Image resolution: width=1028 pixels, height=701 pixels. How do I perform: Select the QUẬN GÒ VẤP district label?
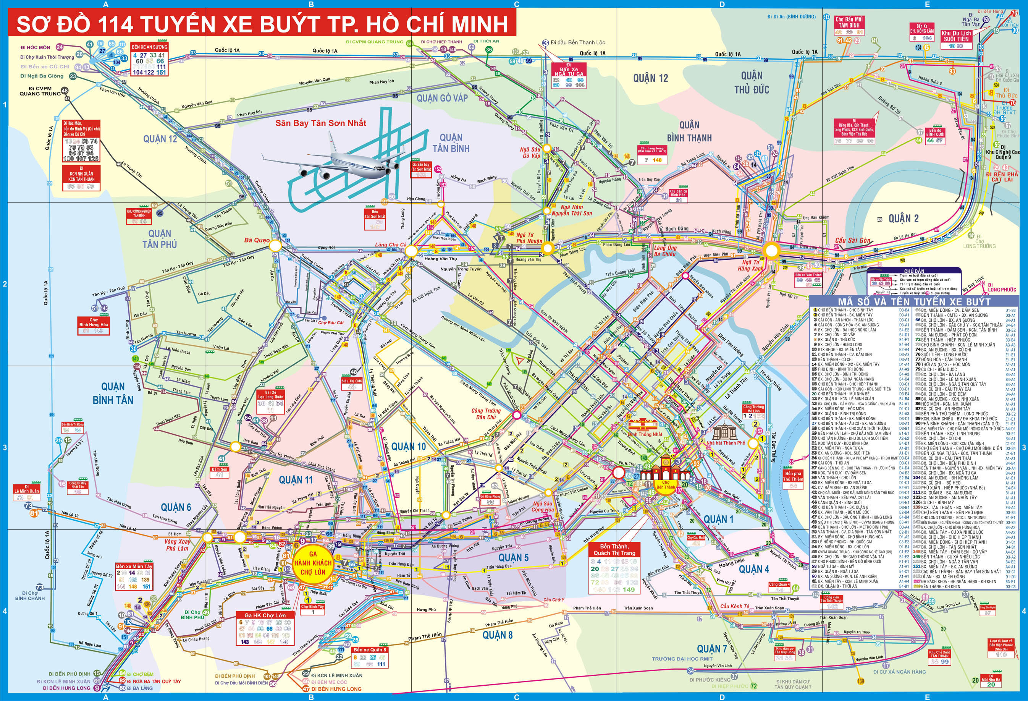pyautogui.click(x=442, y=98)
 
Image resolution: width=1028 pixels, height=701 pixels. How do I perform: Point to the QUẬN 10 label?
pyautogui.click(x=408, y=447)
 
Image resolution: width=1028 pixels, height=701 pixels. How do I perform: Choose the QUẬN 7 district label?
pyautogui.click(x=712, y=649)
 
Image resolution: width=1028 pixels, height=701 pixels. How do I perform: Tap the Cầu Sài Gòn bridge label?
pyautogui.click(x=852, y=240)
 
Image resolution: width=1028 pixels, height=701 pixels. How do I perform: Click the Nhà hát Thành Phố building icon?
pyautogui.click(x=726, y=433)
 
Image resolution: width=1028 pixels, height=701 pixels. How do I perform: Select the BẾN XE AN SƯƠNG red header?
pyautogui.click(x=150, y=47)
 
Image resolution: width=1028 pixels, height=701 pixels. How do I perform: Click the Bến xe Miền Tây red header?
pyautogui.click(x=134, y=566)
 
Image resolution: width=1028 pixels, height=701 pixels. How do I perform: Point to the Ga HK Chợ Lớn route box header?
pyautogui.click(x=265, y=615)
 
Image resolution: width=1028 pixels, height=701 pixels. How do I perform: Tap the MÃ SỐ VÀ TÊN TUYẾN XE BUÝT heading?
pyautogui.click(x=914, y=301)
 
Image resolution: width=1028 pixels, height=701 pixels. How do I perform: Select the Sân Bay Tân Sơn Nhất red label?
pyautogui.click(x=321, y=123)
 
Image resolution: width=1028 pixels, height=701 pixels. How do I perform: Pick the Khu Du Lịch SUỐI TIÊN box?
pyautogui.click(x=956, y=36)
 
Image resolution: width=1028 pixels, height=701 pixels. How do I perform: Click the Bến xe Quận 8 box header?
pyautogui.click(x=370, y=650)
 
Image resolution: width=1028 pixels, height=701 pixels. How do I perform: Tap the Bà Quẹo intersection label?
pyautogui.click(x=257, y=240)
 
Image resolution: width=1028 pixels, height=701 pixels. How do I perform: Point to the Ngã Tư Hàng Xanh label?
pyautogui.click(x=750, y=265)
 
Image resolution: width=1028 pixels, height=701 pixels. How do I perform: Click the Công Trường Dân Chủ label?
pyautogui.click(x=486, y=414)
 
